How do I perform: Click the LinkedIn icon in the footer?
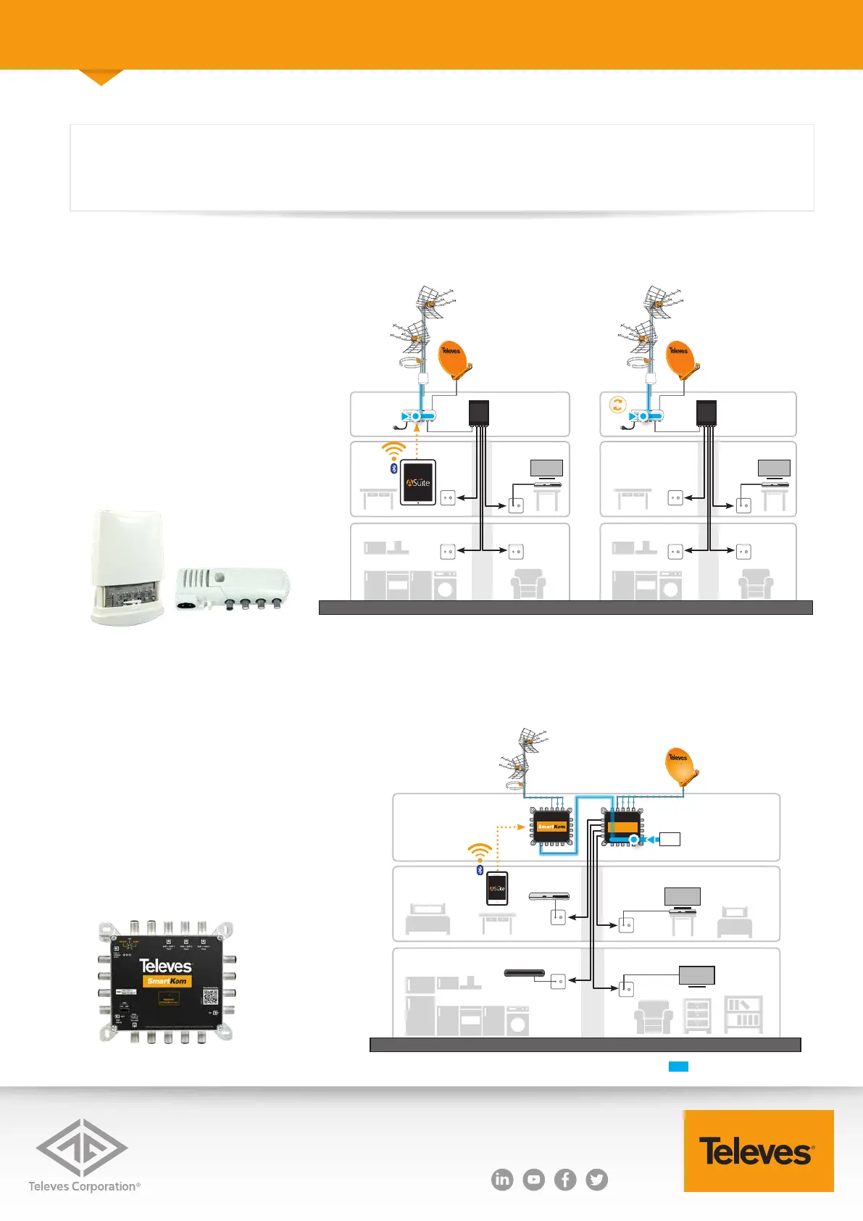click(501, 1180)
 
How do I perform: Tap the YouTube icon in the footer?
click(534, 1180)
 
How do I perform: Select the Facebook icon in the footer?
click(565, 1180)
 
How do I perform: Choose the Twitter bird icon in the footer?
click(597, 1180)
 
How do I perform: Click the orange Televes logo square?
click(758, 1151)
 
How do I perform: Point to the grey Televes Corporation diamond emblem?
click(82, 1147)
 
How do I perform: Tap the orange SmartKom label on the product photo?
click(167, 981)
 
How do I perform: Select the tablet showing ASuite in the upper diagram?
click(418, 482)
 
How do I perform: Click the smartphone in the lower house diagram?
click(497, 888)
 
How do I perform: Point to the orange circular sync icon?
click(617, 405)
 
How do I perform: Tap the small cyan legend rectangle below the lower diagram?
click(678, 1066)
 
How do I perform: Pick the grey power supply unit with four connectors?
click(233, 588)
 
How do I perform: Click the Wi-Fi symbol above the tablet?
click(393, 451)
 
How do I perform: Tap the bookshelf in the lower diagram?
click(743, 1014)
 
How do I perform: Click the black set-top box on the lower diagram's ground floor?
click(524, 972)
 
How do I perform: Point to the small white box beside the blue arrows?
click(670, 839)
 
